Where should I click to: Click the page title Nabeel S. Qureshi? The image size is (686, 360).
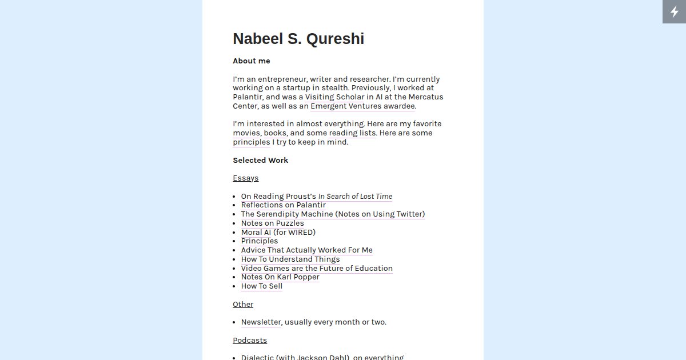tap(298, 39)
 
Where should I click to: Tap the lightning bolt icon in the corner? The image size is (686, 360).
tap(674, 11)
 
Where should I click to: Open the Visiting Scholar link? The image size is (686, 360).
tap(334, 97)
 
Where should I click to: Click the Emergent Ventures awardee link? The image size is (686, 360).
tap(363, 106)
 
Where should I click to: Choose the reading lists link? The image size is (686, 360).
tap(352, 133)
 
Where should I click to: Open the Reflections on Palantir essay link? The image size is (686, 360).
tap(283, 205)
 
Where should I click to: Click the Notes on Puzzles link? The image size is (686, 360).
tap(272, 223)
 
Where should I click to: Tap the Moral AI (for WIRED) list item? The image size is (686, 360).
tap(278, 233)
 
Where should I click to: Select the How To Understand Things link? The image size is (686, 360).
tap(290, 259)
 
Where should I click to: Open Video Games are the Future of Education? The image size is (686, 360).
tap(316, 269)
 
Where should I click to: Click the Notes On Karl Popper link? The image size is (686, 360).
tap(280, 277)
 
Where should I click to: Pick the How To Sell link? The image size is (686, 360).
tap(261, 286)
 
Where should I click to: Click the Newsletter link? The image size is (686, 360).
tap(261, 322)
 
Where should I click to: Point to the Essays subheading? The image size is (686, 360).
tap(245, 178)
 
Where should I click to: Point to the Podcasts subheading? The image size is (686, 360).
tap(250, 341)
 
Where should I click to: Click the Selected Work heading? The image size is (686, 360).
tap(260, 161)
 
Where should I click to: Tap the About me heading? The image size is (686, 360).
tap(251, 61)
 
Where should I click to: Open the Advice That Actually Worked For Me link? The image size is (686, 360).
tap(306, 250)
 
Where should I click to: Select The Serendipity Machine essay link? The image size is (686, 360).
tap(286, 214)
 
